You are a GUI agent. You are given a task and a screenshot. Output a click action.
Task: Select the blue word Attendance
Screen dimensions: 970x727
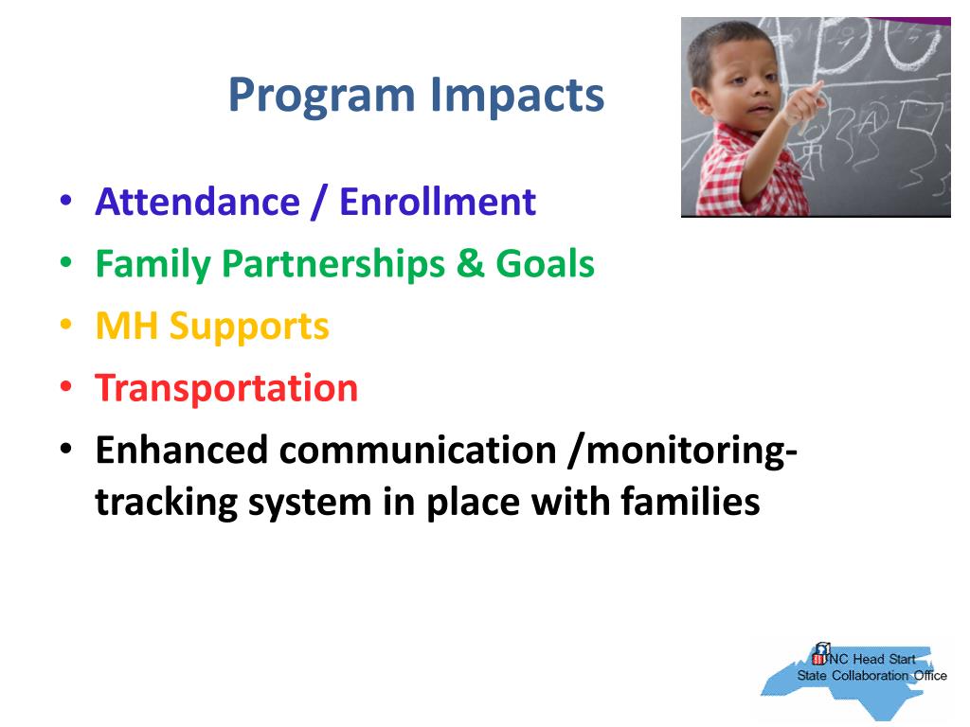197,203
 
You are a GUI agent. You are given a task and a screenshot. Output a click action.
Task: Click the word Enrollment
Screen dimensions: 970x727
438,203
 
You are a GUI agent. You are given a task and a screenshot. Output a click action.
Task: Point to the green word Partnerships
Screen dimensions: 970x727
332,265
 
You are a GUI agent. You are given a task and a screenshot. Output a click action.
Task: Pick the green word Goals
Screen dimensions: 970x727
545,264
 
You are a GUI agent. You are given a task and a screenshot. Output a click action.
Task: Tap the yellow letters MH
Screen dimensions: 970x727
126,326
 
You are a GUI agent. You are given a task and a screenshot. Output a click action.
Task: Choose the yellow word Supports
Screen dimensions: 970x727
249,328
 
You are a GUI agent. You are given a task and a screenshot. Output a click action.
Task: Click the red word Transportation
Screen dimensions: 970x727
226,388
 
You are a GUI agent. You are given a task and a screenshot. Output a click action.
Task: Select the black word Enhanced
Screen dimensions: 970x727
181,450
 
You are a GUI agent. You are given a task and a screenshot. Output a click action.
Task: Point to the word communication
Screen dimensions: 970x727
418,450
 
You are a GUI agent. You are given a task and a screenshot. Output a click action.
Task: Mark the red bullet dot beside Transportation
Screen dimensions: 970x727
66,386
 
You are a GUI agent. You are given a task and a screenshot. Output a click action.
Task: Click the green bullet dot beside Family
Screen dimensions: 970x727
66,262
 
